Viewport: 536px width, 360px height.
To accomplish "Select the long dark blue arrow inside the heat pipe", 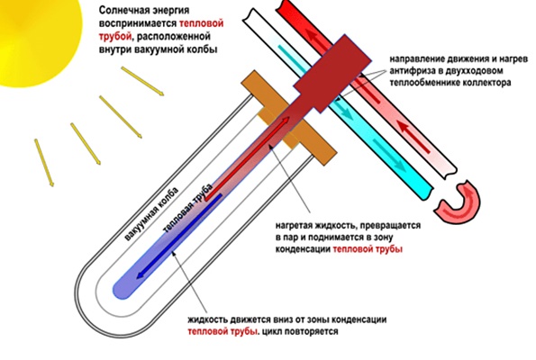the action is pos(179,237).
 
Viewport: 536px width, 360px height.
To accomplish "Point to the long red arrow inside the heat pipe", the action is pos(247,157).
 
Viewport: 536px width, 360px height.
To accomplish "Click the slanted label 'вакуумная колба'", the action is pos(151,214).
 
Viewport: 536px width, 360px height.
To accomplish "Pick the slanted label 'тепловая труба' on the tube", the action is pos(188,208).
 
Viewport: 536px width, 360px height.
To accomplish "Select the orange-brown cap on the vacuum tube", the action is pos(289,118).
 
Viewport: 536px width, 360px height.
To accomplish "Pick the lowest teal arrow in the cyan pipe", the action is pos(389,155).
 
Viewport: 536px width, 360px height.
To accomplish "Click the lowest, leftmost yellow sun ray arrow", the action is pos(44,163).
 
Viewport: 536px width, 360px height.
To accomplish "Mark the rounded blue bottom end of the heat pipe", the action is pos(123,289).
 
